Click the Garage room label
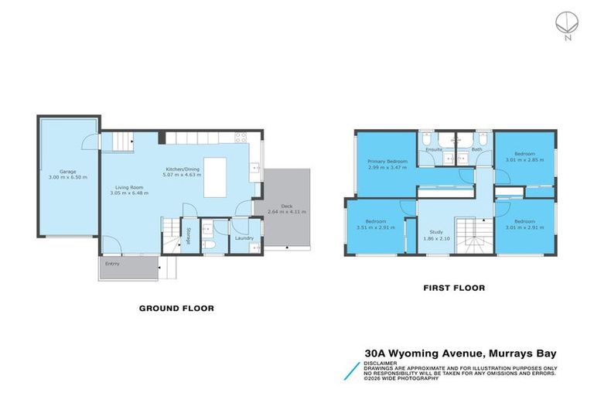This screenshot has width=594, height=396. click(x=67, y=171)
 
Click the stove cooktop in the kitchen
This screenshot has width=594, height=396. click(x=241, y=138)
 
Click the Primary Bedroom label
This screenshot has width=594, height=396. click(x=387, y=161)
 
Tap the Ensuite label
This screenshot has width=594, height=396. click(x=434, y=149)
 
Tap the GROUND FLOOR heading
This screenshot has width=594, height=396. click(x=176, y=308)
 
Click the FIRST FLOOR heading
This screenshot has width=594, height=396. click(x=453, y=288)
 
